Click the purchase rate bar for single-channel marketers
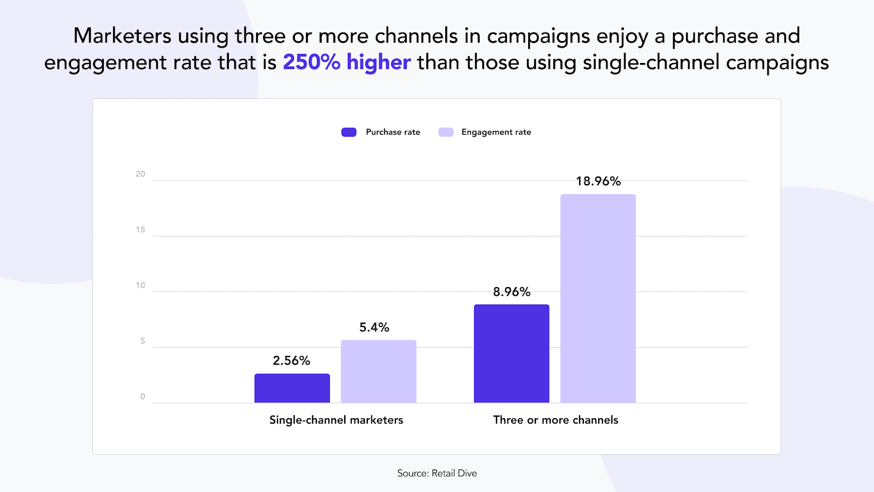click(x=292, y=388)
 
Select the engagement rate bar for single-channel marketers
click(x=379, y=371)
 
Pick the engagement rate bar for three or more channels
click(x=598, y=298)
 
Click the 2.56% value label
click(x=291, y=361)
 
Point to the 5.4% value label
click(x=374, y=327)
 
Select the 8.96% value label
click(x=511, y=292)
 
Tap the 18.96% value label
click(x=598, y=181)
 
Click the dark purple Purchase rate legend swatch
click(x=349, y=132)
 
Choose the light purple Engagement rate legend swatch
click(x=446, y=132)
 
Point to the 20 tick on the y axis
click(x=140, y=174)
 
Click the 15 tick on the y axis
click(x=140, y=230)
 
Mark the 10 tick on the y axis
click(x=140, y=285)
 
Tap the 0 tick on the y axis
click(x=143, y=397)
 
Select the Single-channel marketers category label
click(x=336, y=420)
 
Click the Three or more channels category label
click(x=556, y=420)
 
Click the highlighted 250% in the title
click(x=311, y=62)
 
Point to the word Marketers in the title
click(x=122, y=36)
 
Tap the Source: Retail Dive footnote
click(x=437, y=473)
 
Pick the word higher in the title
click(x=379, y=62)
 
